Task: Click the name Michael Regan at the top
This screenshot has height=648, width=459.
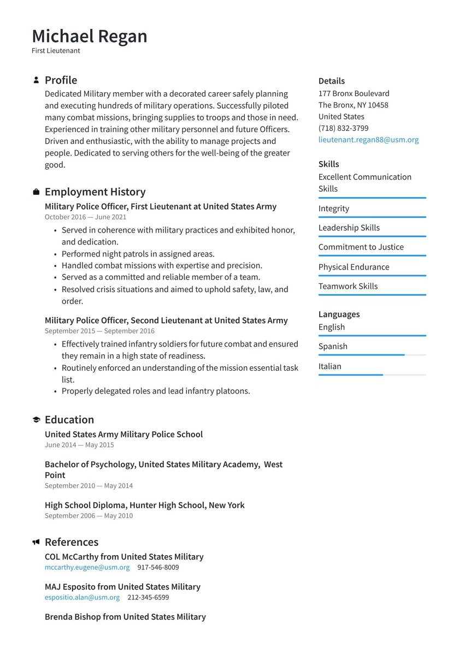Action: pos(90,36)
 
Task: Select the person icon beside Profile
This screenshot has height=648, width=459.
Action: pos(36,80)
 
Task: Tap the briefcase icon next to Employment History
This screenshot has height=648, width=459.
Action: pos(36,192)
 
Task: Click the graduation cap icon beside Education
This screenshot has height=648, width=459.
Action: pos(36,420)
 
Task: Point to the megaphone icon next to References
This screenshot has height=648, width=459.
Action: pos(36,542)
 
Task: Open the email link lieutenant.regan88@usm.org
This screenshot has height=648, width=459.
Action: pos(368,140)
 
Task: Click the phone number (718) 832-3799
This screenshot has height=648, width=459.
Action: pos(343,128)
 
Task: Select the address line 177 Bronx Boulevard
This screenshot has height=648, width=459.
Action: pos(354,93)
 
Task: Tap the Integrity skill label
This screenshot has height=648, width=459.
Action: pos(333,209)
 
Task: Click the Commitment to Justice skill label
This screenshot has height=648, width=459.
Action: pos(361,247)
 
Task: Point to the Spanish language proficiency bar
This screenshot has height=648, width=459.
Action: pos(372,355)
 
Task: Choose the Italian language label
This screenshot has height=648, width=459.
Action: pos(329,366)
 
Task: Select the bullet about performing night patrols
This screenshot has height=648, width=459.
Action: pos(138,254)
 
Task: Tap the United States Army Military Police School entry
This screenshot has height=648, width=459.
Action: pos(123,435)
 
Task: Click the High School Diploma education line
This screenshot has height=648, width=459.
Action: pos(144,506)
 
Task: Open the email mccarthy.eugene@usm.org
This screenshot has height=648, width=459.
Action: pos(87,567)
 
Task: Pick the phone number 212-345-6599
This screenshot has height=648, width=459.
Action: pos(148,597)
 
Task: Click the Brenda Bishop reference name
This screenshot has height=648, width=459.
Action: pos(125,617)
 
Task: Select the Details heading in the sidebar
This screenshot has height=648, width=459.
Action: pos(331,81)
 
